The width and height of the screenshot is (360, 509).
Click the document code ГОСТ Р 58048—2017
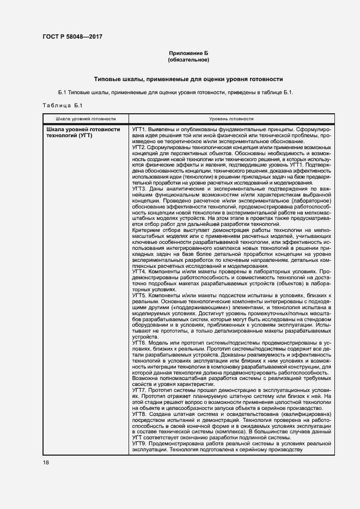(x=72, y=36)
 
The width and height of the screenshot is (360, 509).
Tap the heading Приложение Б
(x=188, y=53)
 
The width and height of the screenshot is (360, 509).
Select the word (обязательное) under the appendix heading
(x=188, y=59)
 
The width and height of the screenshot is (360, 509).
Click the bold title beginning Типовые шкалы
(x=188, y=79)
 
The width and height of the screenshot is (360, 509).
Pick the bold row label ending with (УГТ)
(x=83, y=132)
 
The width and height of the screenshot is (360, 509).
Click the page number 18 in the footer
(x=46, y=462)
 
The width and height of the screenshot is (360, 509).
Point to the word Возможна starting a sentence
(x=145, y=377)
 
